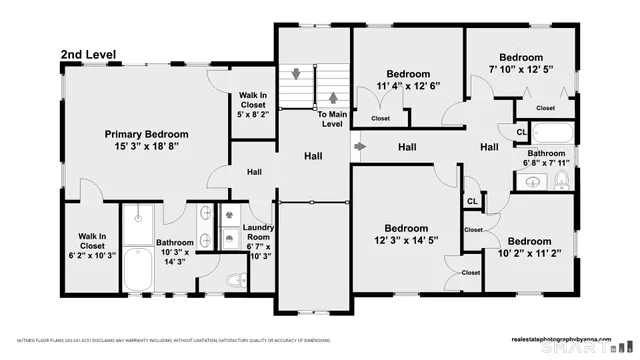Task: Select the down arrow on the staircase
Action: pyautogui.click(x=297, y=74)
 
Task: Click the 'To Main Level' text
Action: pyautogui.click(x=332, y=119)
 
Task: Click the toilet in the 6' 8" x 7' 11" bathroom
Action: pyautogui.click(x=562, y=181)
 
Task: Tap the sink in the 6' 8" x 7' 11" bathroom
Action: pyautogui.click(x=532, y=182)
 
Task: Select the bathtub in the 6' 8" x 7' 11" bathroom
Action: pyautogui.click(x=550, y=132)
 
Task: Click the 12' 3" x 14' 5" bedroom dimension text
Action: pyautogui.click(x=407, y=240)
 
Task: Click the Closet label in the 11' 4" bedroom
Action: pyautogui.click(x=381, y=118)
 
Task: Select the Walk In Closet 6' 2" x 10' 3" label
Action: pyautogui.click(x=91, y=246)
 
